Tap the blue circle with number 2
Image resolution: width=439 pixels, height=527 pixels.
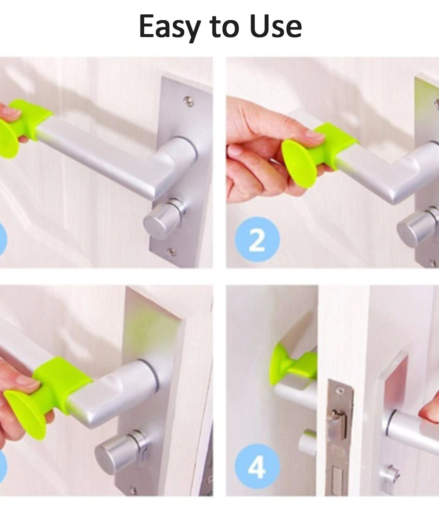(257, 240)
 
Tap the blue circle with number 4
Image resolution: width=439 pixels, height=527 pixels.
(257, 467)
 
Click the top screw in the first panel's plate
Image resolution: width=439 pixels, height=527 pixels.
(189, 101)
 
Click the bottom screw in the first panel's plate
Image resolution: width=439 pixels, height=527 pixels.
(171, 251)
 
